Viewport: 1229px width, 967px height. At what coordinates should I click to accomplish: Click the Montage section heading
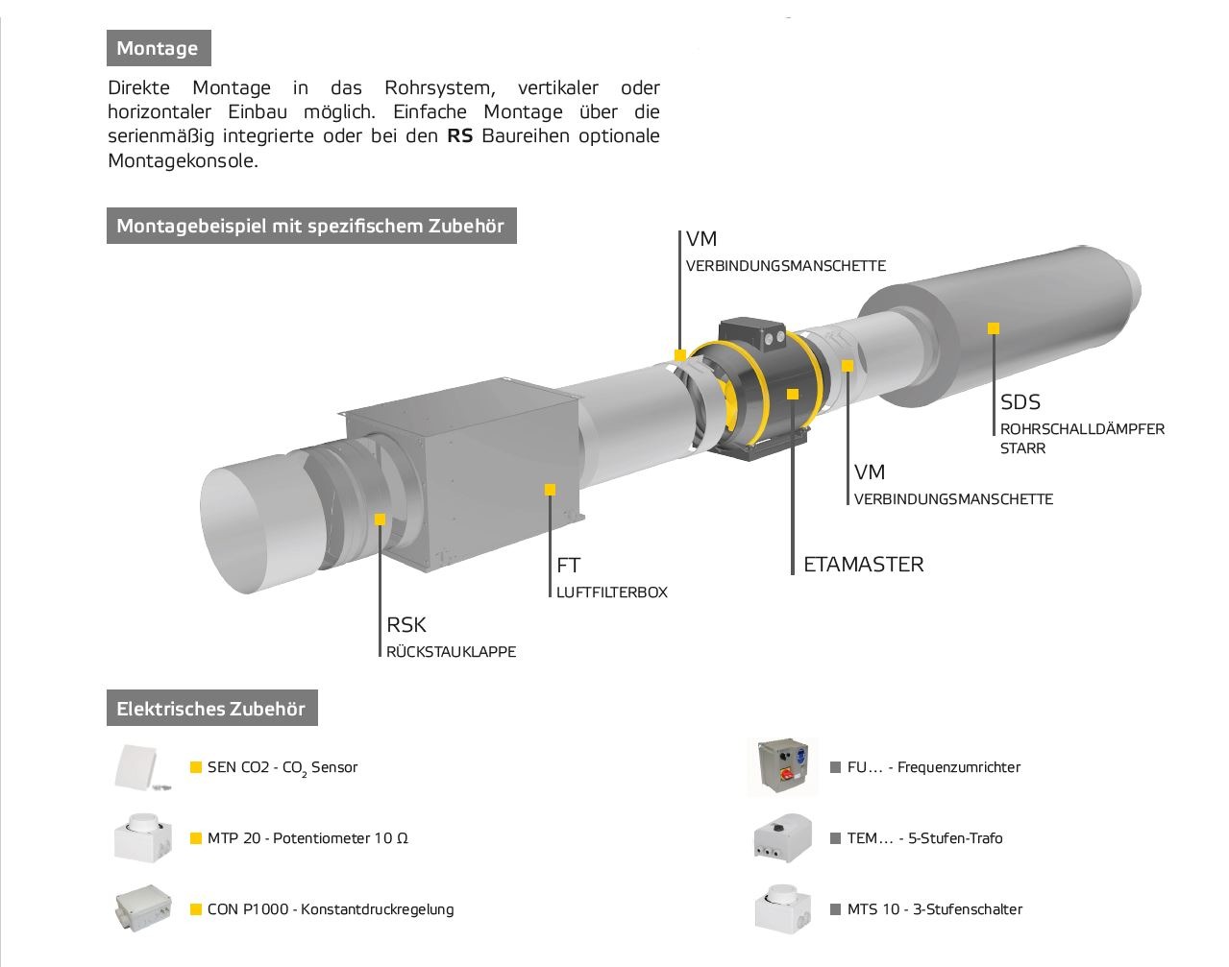(158, 48)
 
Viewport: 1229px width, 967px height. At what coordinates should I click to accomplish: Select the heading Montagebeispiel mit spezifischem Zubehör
(310, 227)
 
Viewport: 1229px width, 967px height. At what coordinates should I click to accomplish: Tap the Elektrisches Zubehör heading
(211, 710)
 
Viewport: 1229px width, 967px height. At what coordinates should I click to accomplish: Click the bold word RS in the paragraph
(460, 135)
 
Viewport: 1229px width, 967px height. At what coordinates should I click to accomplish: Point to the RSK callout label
(406, 625)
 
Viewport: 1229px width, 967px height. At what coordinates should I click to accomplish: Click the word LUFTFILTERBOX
(611, 592)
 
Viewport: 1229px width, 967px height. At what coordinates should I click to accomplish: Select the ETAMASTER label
(863, 565)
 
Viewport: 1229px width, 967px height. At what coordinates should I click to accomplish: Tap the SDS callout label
(1020, 402)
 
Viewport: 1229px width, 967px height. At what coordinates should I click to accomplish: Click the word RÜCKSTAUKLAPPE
(451, 652)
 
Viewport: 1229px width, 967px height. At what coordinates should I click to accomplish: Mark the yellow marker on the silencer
(994, 328)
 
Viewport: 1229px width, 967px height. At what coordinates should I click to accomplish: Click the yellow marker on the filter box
(550, 490)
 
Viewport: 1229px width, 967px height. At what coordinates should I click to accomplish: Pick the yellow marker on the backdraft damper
(381, 520)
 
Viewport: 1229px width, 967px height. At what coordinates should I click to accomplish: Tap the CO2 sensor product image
(142, 767)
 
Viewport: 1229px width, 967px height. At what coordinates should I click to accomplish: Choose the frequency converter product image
(782, 767)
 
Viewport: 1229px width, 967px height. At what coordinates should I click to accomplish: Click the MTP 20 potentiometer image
(142, 837)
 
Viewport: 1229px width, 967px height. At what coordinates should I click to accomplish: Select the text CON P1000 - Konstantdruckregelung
(330, 909)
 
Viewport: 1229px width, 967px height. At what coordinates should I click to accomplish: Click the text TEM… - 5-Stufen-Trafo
(924, 838)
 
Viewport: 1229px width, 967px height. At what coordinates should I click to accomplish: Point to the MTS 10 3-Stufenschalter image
(782, 907)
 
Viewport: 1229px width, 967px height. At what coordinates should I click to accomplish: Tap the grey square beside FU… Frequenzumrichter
(835, 767)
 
